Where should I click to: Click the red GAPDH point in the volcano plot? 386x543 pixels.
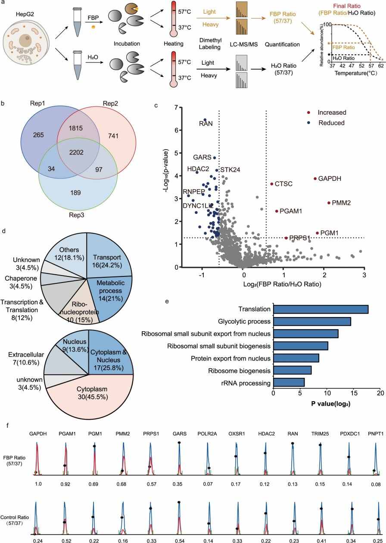(315, 179)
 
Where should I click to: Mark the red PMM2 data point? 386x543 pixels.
(317, 203)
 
